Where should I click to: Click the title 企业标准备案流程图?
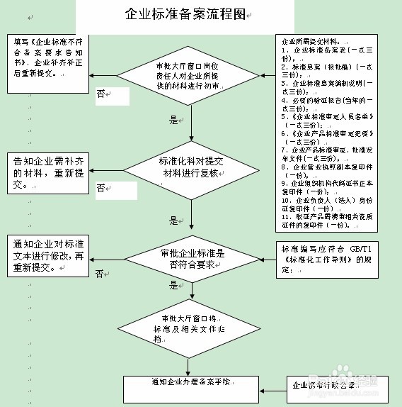coord(186,14)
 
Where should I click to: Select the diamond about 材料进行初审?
coord(191,74)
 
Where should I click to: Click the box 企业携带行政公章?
coord(333,387)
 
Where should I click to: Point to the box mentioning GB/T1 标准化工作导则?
coord(326,259)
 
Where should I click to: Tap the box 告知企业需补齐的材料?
coord(48,172)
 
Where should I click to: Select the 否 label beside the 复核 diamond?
coord(100,188)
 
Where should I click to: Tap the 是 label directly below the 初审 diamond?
coord(173,120)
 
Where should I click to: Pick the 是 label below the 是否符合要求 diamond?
coord(173,286)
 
